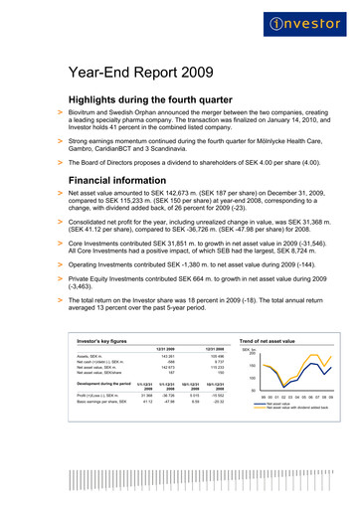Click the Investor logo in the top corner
coord(315,23)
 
